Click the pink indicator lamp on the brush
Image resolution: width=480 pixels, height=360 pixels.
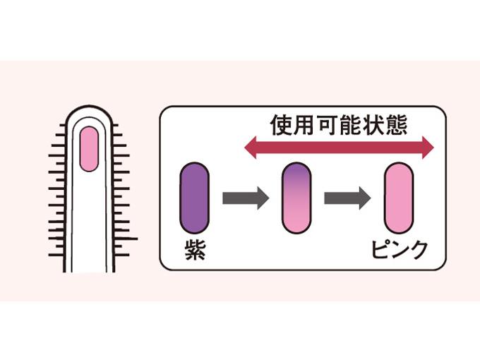point(89,149)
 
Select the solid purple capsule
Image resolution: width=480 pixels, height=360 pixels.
point(194,198)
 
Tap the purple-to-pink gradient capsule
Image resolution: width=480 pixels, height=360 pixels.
point(296,198)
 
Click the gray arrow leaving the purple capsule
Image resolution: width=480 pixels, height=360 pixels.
point(245,198)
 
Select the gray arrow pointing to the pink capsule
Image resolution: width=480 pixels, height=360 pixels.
point(347,198)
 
